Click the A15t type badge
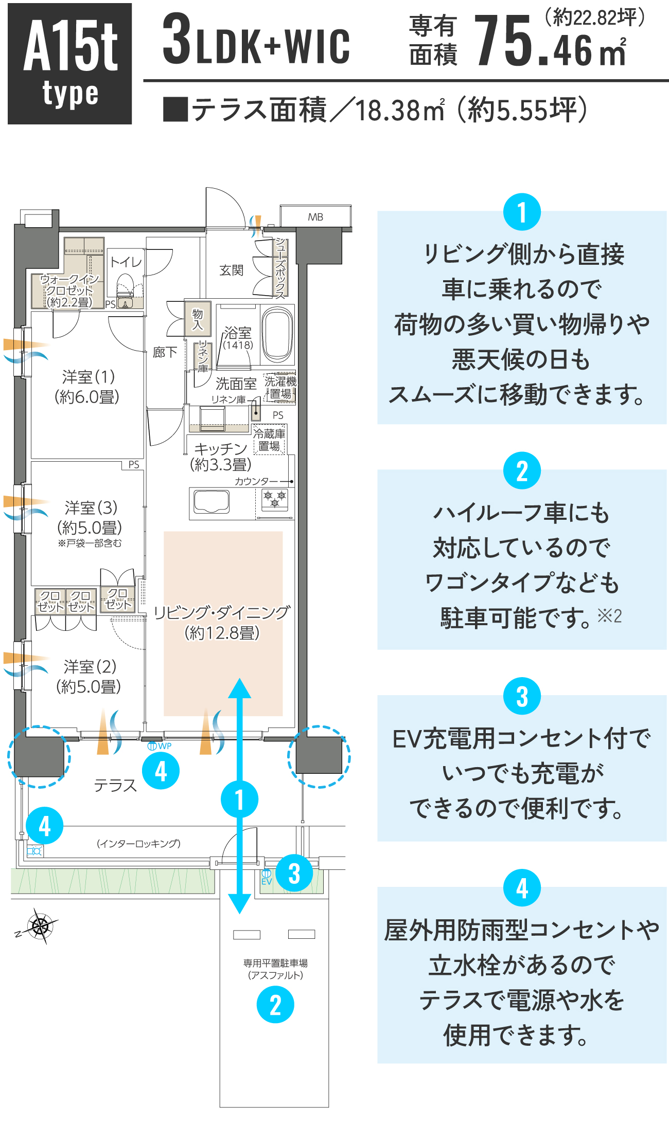click(69, 64)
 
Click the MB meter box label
click(315, 217)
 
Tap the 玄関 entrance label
click(231, 270)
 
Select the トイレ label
click(126, 262)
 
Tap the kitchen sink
click(211, 501)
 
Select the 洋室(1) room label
click(87, 387)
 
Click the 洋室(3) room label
click(90, 517)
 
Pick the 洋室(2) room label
click(89, 676)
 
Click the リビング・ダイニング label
click(222, 612)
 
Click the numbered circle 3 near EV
click(294, 873)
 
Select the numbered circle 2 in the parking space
click(275, 1005)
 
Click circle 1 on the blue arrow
click(239, 799)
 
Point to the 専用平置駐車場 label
click(275, 963)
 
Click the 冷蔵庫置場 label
click(269, 440)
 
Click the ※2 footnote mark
click(610, 615)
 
